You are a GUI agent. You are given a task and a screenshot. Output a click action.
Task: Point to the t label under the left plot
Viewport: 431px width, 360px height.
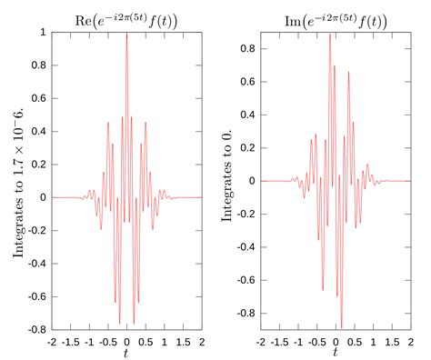126,353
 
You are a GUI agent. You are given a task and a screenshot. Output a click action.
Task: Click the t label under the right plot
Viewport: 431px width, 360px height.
336,353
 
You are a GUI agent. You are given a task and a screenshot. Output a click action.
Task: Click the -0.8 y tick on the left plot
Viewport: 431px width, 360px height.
36,329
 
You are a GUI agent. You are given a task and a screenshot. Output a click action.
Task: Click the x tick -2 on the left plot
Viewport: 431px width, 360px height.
52,341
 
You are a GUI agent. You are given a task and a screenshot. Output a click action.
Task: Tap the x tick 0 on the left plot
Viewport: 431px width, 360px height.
126,341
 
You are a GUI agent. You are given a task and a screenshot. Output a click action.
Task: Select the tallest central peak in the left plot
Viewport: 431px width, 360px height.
126,35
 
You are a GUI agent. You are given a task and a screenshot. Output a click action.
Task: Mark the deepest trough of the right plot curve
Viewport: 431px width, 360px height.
341,325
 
